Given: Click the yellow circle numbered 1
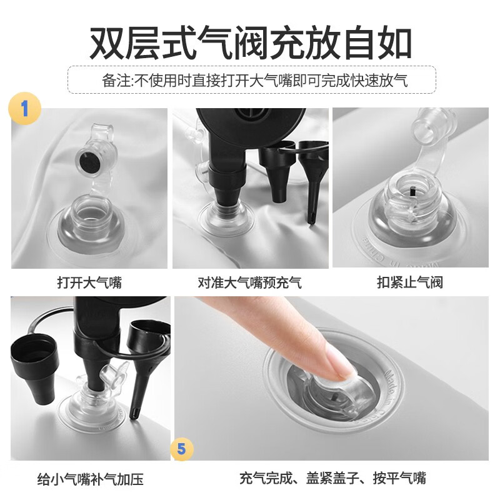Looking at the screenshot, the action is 24,109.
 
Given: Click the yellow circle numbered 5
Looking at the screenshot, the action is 181,449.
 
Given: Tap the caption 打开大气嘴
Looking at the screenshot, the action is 89,283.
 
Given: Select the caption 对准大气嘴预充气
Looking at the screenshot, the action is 249,283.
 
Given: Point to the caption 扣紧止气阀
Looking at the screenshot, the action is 410,282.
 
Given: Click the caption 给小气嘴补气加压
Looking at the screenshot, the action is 90,479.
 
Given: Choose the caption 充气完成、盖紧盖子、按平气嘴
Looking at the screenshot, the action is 332,478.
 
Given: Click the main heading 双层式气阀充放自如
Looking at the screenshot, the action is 251,44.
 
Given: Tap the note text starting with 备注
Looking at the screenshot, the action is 255,81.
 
